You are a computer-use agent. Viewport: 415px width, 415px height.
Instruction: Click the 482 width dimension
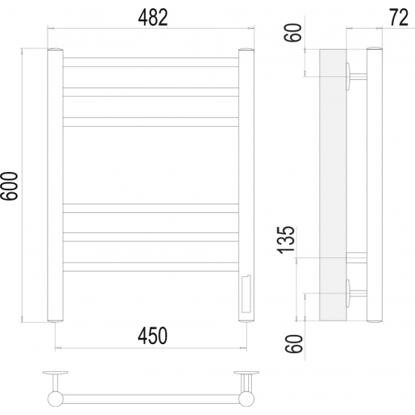coord(152,18)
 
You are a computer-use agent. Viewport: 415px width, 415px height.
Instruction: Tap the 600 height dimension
coord(9,186)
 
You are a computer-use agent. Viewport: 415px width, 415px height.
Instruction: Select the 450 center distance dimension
coord(152,336)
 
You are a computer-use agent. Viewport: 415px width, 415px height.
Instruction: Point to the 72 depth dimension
coord(398,18)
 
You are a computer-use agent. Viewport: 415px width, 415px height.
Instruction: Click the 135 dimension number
coord(286,240)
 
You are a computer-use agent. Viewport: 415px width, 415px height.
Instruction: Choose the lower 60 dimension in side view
coord(294,344)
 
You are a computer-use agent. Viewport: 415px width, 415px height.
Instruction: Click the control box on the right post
coord(246,294)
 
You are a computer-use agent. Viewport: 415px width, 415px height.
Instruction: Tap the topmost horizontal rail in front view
coord(151,62)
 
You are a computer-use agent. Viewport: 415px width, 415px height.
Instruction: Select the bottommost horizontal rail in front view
coord(151,267)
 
